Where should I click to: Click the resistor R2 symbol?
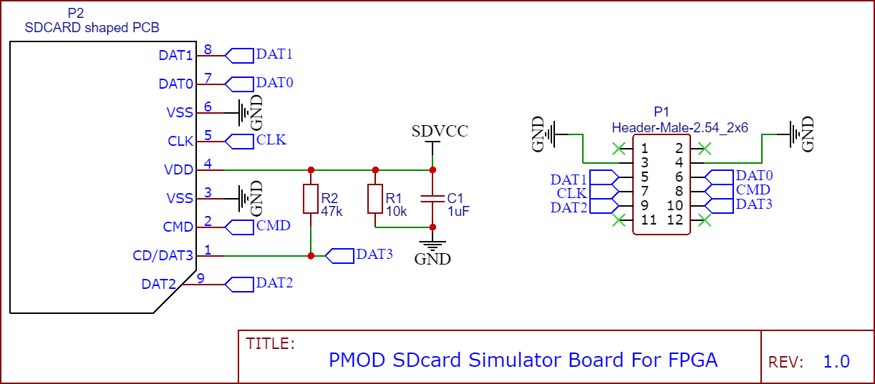(x=310, y=199)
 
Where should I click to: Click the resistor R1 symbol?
(x=374, y=199)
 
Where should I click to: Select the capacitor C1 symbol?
(x=432, y=199)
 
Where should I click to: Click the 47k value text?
(x=332, y=212)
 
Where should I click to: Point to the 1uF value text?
(x=458, y=212)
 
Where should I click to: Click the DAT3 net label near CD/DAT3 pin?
(x=374, y=254)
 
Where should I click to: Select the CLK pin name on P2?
(x=180, y=141)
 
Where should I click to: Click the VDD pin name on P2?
(x=179, y=169)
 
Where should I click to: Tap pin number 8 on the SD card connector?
(x=208, y=50)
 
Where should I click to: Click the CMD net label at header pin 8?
(x=753, y=190)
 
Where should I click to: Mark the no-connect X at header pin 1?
(x=618, y=149)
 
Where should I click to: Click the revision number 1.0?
(x=836, y=361)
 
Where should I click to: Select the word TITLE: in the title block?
(x=270, y=343)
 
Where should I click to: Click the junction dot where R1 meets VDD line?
(x=374, y=170)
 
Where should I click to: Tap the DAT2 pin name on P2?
(x=159, y=284)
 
